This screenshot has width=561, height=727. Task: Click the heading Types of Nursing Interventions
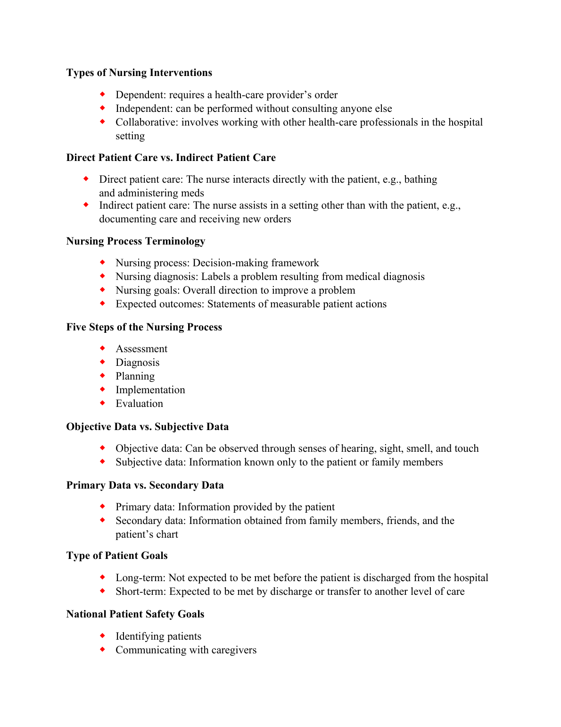[139, 73]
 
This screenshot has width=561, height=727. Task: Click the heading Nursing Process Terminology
[136, 241]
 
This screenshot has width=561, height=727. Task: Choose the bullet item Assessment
[141, 349]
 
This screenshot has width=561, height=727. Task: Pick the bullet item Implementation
[150, 390]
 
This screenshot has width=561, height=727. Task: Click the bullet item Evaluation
[140, 404]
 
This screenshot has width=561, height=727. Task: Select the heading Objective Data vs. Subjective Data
[148, 427]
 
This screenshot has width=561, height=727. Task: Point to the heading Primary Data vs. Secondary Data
[145, 485]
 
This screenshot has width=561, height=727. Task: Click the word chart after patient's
[167, 534]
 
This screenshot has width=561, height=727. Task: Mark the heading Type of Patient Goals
[117, 556]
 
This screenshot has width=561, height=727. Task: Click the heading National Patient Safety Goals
[135, 614]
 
